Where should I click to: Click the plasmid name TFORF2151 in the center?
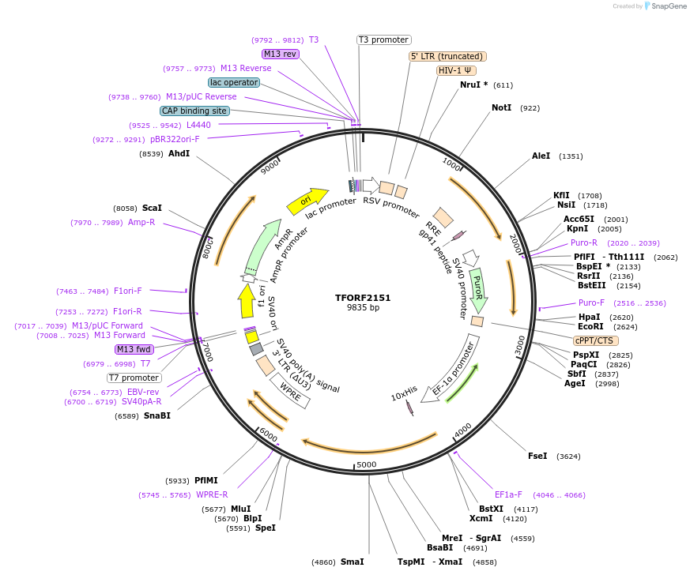pyautogui.click(x=363, y=298)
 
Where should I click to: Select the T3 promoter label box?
pyautogui.click(x=384, y=39)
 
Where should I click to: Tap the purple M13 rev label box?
pyautogui.click(x=281, y=54)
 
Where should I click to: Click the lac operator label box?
pyautogui.click(x=234, y=82)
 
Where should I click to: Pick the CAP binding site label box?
pyautogui.click(x=194, y=111)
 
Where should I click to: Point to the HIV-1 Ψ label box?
pyautogui.click(x=456, y=70)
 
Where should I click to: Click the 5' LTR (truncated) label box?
pyautogui.click(x=447, y=56)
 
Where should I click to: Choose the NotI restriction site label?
pyautogui.click(x=502, y=107)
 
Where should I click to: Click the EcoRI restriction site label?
pyautogui.click(x=590, y=326)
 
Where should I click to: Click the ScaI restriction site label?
pyautogui.click(x=152, y=208)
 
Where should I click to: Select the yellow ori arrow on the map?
pyautogui.click(x=307, y=201)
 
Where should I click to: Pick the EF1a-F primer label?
pyautogui.click(x=508, y=494)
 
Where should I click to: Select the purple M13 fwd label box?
pyautogui.click(x=134, y=349)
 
